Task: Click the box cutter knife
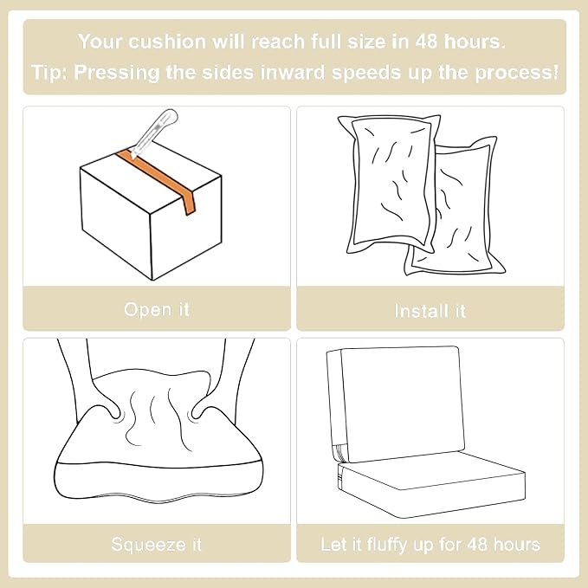(155, 132)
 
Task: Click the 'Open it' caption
(157, 310)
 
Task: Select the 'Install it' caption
(430, 311)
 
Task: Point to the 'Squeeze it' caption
(157, 544)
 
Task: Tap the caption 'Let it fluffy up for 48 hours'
(430, 544)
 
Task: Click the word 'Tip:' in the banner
(49, 72)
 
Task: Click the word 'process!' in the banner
(516, 72)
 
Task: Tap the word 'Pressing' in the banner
(117, 72)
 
